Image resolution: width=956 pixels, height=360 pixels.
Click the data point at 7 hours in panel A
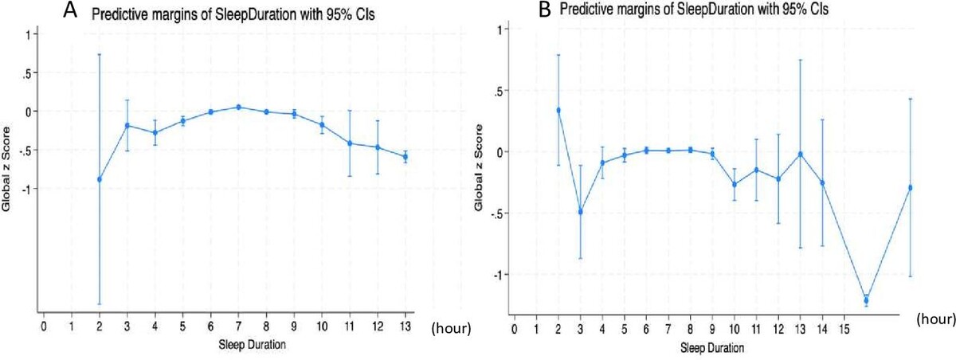[238, 107]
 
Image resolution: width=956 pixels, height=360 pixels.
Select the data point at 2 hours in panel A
[100, 179]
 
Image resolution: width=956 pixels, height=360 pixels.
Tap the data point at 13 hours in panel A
[405, 157]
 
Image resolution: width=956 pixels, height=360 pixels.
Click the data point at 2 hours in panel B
[558, 110]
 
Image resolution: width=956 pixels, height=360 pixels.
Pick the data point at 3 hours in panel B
[581, 212]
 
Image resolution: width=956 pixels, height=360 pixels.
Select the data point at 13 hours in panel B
[801, 154]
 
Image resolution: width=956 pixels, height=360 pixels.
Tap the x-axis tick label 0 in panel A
[44, 327]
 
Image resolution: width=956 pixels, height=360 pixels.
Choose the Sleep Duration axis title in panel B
[713, 348]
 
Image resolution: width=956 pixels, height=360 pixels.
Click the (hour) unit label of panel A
[451, 327]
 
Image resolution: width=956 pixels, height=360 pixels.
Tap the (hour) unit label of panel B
[935, 319]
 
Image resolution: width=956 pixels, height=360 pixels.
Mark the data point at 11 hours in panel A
[349, 143]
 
